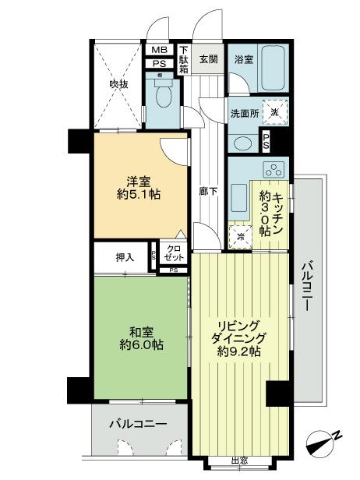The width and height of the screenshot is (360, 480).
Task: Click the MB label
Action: coord(159,50)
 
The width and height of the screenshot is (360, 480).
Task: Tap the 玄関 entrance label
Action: coord(208,58)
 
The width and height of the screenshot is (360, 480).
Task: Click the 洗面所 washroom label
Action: coord(244,111)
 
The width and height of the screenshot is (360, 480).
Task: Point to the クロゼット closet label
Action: coord(174,252)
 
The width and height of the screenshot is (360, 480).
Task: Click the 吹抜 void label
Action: coord(118,83)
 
